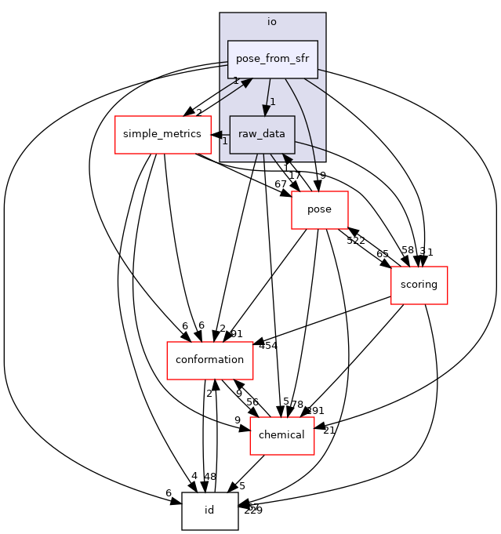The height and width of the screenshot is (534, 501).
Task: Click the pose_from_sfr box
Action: (x=272, y=60)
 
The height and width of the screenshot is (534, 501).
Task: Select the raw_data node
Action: (x=262, y=135)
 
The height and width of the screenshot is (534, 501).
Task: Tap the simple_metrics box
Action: (x=162, y=135)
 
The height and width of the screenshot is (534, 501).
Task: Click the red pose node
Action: (x=319, y=210)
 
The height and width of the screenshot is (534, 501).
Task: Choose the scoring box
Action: (x=419, y=285)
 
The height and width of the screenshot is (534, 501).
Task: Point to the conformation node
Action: (x=209, y=360)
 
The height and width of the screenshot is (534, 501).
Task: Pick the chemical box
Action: (x=281, y=435)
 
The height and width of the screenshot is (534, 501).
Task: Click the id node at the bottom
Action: (x=209, y=511)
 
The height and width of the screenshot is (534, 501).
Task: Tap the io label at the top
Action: (x=272, y=22)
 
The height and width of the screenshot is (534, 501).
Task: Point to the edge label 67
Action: (x=281, y=183)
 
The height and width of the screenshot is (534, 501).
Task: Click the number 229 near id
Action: (x=253, y=510)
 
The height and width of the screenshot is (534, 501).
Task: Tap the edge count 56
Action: (x=252, y=401)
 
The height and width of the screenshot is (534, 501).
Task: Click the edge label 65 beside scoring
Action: (x=383, y=254)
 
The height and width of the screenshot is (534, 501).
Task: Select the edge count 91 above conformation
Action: (x=237, y=333)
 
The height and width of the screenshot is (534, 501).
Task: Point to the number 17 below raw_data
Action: (x=295, y=175)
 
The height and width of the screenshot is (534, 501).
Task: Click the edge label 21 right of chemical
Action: (x=329, y=430)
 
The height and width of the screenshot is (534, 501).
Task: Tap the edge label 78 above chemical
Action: (x=297, y=404)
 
